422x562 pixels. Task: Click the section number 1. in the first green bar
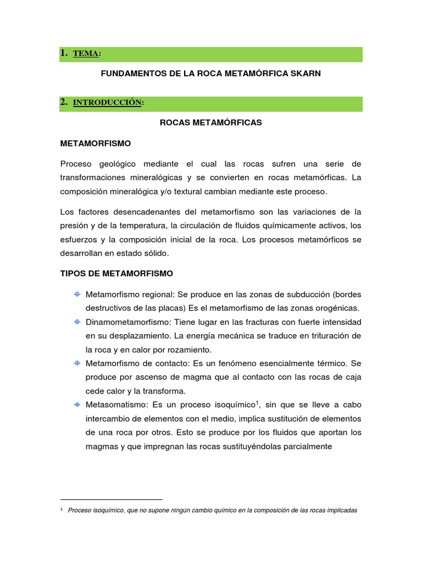[x=64, y=53]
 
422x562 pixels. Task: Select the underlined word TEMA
[x=86, y=54]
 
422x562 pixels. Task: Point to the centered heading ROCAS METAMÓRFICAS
[x=211, y=122]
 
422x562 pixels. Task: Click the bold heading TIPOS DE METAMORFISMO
[x=116, y=273]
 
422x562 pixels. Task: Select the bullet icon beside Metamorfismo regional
[x=77, y=294]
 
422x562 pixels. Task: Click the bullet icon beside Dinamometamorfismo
[x=77, y=321]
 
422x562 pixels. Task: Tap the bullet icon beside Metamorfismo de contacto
[x=77, y=363]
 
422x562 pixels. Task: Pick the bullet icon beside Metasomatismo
[x=77, y=404]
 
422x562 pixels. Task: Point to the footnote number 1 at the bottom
[x=61, y=509]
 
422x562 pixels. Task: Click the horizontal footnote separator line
[x=111, y=499]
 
